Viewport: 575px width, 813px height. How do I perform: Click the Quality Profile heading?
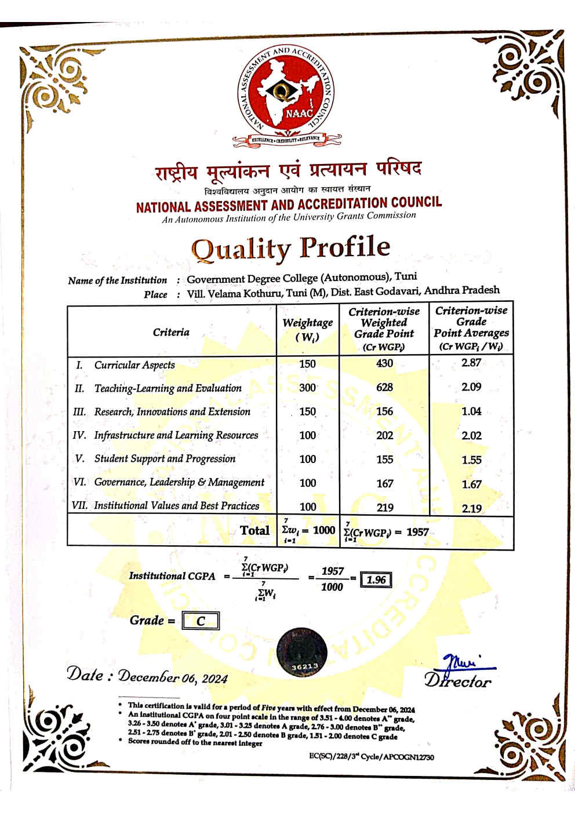(290, 248)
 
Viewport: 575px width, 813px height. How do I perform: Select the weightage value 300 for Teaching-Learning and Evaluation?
(308, 388)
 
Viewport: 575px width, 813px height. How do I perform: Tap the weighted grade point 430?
(384, 363)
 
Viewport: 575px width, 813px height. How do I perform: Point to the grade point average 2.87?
(471, 363)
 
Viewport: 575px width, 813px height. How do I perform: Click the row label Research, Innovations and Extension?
(172, 411)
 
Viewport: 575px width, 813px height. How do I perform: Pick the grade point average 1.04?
(471, 411)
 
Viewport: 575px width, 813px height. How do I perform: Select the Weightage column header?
(308, 329)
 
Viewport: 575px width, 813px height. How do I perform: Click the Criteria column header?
(171, 332)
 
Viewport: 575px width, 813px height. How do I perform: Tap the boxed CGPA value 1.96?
(376, 579)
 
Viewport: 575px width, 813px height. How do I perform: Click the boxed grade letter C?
(201, 621)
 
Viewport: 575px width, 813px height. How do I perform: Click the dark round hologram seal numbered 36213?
(301, 651)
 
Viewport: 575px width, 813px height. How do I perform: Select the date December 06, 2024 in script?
(173, 677)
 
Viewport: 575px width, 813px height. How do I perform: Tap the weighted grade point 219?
(385, 508)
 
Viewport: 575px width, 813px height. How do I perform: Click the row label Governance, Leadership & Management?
(179, 482)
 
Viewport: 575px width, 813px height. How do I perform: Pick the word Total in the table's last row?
(255, 530)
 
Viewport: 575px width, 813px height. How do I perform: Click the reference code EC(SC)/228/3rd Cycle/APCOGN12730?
(372, 757)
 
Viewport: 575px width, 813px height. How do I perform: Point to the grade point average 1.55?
(471, 460)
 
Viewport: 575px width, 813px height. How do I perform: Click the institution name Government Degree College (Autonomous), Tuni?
(301, 278)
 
